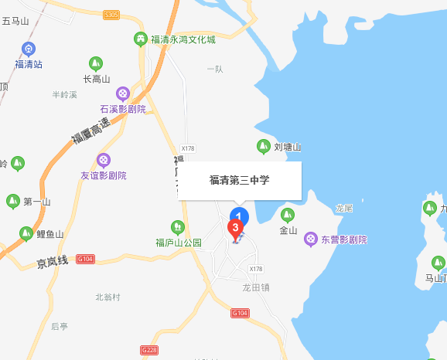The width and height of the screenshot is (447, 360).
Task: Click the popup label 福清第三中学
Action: coord(240,181)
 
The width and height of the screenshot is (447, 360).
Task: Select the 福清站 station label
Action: coord(29,64)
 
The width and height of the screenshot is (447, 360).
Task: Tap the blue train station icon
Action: coord(29,48)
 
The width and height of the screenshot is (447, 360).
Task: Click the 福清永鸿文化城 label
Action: coord(183,39)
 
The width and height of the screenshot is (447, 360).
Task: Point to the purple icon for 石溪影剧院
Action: coord(122,93)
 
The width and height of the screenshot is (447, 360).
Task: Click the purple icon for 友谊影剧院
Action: coord(103,160)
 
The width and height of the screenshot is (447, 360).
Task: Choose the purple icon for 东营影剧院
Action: coord(311,239)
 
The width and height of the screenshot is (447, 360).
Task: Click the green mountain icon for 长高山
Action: coord(96,63)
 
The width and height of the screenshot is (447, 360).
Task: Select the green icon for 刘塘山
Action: coord(264,146)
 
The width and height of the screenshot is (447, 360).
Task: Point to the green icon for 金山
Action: coord(288,215)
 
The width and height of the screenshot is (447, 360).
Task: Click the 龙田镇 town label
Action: coord(256,286)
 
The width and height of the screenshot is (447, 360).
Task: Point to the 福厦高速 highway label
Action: coord(88,127)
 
